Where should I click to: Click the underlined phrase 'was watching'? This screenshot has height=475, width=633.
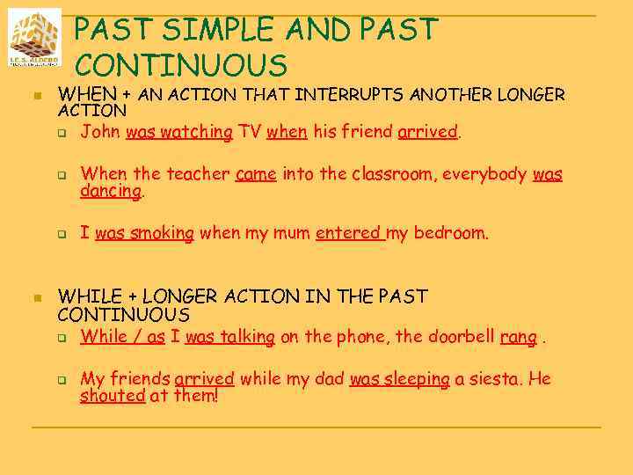(179, 133)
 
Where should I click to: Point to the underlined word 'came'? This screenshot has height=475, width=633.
(256, 174)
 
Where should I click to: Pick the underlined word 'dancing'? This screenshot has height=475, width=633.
(111, 191)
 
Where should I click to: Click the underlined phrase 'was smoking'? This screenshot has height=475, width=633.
(143, 233)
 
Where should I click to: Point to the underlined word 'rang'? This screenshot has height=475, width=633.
(518, 336)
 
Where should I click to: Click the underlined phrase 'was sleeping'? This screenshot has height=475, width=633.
(400, 379)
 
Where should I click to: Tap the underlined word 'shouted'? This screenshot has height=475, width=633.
(113, 396)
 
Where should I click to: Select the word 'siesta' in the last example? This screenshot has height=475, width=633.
(488, 379)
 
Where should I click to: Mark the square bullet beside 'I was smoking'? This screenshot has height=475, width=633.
(63, 235)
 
